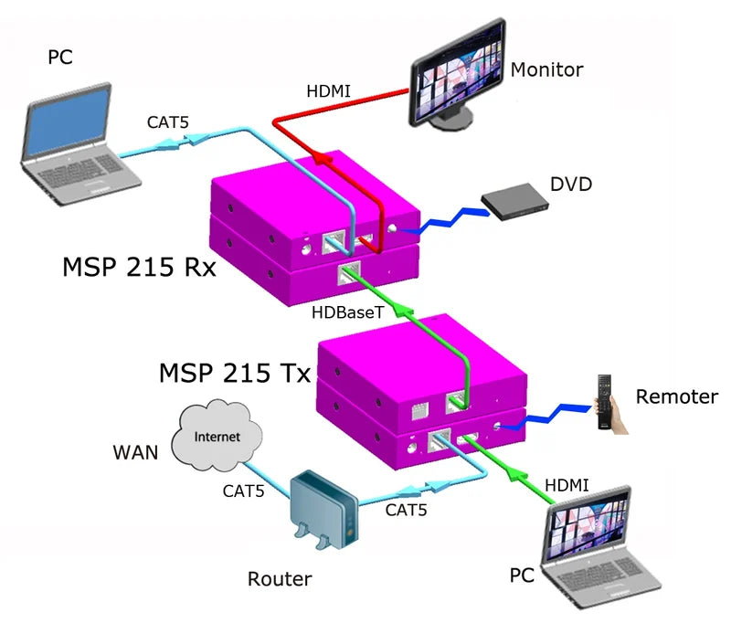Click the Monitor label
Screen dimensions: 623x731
pyautogui.click(x=546, y=69)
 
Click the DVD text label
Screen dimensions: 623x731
pyautogui.click(x=571, y=185)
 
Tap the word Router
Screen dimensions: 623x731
pyautogui.click(x=280, y=579)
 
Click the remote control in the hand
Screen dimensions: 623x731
pyautogui.click(x=604, y=400)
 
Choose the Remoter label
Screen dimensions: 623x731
pyautogui.click(x=677, y=396)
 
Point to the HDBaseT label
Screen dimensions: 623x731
pyautogui.click(x=345, y=311)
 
